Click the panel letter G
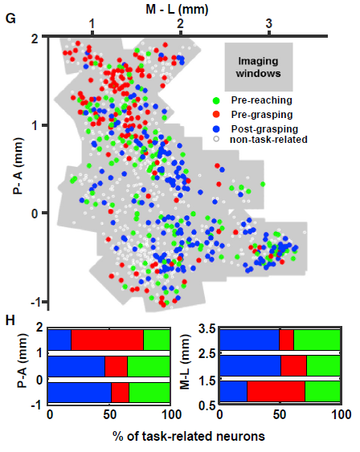click(10, 19)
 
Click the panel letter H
click(10, 320)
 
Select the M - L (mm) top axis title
click(177, 10)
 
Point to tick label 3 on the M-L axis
click(269, 23)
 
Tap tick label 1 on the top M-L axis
click(92, 23)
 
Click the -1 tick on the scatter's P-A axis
click(36, 302)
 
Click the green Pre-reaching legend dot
click(216, 100)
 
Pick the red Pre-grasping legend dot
click(216, 115)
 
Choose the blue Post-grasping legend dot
click(216, 129)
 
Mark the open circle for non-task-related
click(216, 139)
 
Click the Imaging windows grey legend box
click(259, 67)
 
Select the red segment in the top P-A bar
click(108, 340)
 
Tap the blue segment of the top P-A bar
click(59, 340)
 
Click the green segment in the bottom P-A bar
click(149, 393)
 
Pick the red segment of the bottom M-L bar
click(276, 391)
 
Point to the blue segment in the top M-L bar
click(250, 340)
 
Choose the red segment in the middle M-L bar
click(293, 365)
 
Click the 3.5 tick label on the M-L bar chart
click(207, 329)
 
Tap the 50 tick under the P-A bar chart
click(109, 415)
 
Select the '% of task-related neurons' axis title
click(189, 436)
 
